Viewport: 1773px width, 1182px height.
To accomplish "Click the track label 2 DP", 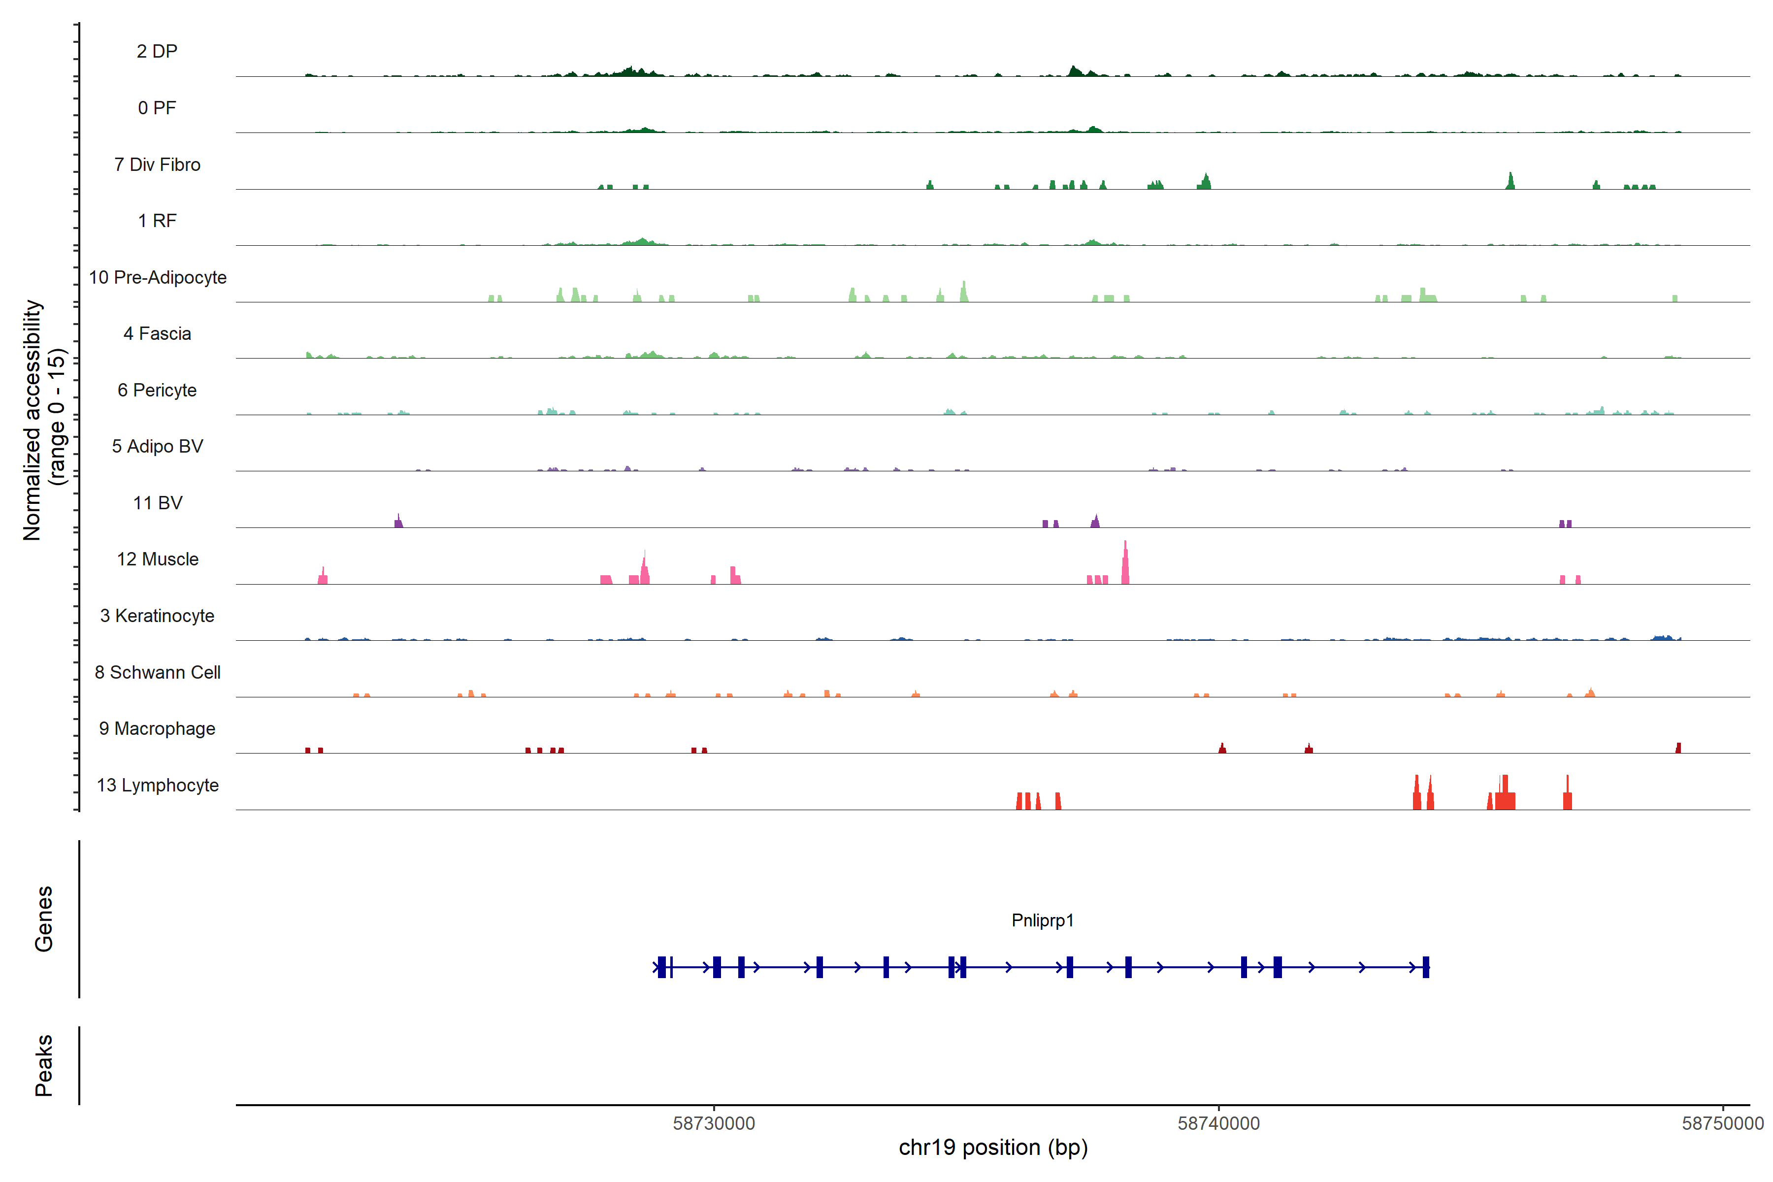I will (x=157, y=51).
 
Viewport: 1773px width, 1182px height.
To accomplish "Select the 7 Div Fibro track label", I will (x=157, y=164).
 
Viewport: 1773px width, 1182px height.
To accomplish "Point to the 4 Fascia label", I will (x=157, y=334).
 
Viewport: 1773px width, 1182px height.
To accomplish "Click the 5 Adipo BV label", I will (x=157, y=446).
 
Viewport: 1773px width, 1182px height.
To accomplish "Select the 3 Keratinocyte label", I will (x=157, y=616).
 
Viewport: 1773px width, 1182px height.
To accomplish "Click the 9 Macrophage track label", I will (x=157, y=729).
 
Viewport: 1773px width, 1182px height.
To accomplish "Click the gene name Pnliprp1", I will (x=1043, y=920).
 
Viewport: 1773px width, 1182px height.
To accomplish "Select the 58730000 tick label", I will (x=714, y=1124).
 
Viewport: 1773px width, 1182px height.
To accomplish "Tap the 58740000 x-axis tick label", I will (x=1218, y=1124).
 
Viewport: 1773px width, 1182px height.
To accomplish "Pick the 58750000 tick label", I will (x=1722, y=1124).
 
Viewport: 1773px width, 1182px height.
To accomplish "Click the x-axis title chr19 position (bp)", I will (x=993, y=1148).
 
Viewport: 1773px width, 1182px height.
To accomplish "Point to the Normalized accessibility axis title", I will (x=44, y=420).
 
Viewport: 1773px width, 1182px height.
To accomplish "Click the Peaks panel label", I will (x=44, y=1065).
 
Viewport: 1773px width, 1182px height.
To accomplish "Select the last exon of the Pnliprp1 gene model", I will (x=1425, y=967).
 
